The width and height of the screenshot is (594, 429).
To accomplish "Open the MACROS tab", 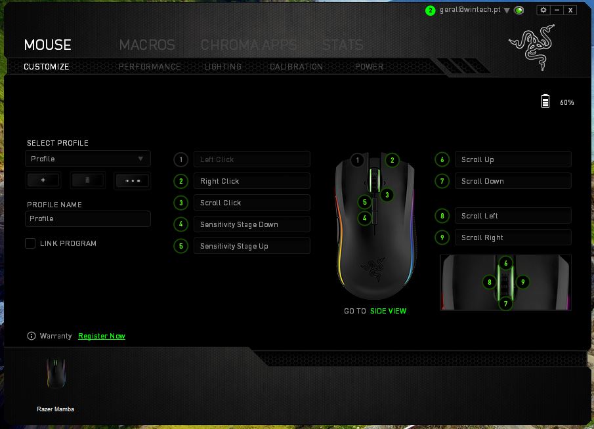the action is click(x=147, y=45).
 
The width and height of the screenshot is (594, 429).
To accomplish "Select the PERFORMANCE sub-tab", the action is click(x=150, y=67).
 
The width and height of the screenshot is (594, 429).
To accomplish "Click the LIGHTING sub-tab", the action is click(x=223, y=67).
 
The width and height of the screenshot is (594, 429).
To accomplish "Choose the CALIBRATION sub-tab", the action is click(x=296, y=67).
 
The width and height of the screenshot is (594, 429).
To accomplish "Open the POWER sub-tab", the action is click(x=369, y=67).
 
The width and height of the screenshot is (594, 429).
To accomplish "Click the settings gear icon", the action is click(x=543, y=10).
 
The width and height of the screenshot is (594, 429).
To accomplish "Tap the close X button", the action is click(x=570, y=10).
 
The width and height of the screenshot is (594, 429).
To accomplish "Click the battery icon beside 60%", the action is click(x=545, y=101).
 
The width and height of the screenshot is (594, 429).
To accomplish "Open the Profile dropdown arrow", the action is click(x=140, y=159).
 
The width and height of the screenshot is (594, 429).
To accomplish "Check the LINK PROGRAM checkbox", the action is click(x=30, y=243).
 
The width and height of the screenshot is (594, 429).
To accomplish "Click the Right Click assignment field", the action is click(x=252, y=181).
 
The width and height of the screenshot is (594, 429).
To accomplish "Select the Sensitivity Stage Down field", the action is click(x=252, y=224).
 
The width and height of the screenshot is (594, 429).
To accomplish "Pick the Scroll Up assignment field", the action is click(x=513, y=159).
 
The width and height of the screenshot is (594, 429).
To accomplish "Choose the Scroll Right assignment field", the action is click(x=513, y=237).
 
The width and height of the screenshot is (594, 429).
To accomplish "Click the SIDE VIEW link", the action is click(x=389, y=311).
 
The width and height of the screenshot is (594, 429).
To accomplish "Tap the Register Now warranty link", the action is click(x=102, y=336).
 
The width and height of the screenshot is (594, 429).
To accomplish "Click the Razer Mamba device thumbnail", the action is click(x=56, y=374).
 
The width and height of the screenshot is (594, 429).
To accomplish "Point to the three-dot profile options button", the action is click(x=132, y=180).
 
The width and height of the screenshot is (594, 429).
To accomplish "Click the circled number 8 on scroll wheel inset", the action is click(x=490, y=282).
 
